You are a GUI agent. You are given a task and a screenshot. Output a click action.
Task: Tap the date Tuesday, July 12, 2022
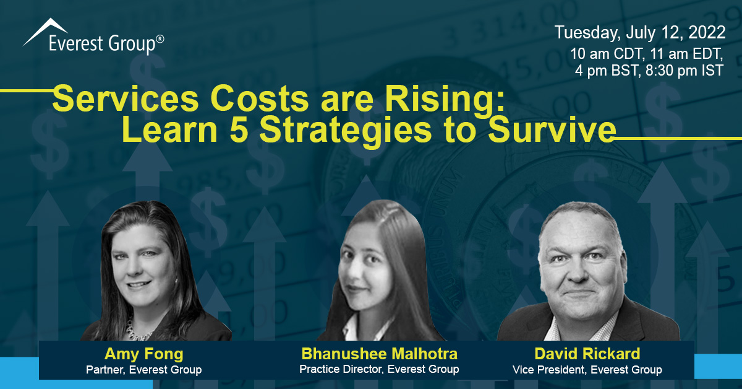[639, 32]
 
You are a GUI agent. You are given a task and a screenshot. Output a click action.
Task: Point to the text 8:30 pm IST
[688, 71]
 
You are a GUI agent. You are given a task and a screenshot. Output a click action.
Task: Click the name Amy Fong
[144, 354]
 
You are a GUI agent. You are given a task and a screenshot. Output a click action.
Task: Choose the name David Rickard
[587, 354]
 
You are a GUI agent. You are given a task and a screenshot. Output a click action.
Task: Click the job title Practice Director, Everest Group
[379, 370]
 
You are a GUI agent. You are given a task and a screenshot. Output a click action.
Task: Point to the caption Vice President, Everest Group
[587, 370]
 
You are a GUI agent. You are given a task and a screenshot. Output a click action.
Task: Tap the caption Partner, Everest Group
[144, 370]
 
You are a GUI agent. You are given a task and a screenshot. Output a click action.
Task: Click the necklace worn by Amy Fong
[135, 326]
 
